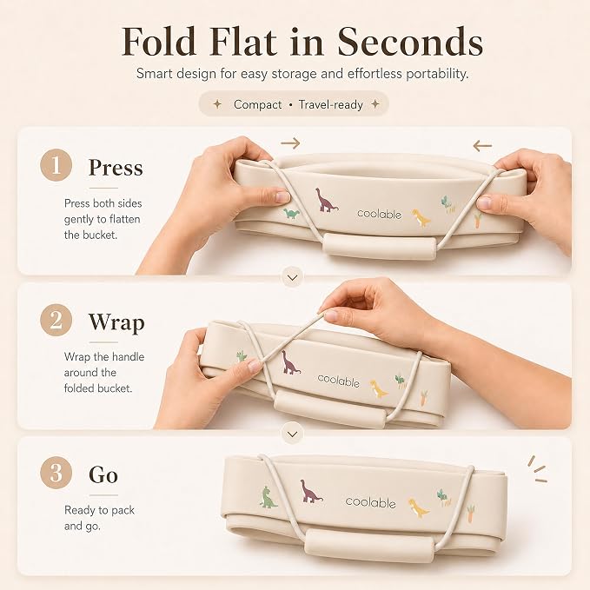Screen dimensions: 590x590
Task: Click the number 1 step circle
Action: pos(56,165)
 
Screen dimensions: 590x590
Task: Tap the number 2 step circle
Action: pos(56,320)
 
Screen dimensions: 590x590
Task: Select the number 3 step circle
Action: pos(56,473)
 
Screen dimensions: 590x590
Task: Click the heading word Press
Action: pos(116,168)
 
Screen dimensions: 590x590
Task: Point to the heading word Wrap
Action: pos(116,323)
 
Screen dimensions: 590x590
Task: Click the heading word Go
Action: pos(103,474)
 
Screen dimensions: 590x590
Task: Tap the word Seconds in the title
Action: pos(409,42)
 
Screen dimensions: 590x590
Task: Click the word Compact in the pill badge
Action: pos(257,104)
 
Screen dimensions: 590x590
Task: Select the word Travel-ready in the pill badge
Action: pos(331,104)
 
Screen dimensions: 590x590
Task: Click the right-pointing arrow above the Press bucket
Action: pos(290,143)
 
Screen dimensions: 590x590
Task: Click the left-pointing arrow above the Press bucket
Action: pos(482,146)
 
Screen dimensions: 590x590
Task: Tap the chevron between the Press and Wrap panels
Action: pos(292,277)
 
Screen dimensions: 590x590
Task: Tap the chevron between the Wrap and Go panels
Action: pos(292,434)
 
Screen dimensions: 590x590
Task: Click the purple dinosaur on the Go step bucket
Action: pos(311,492)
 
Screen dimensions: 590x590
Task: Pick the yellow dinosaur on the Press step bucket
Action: pos(421,218)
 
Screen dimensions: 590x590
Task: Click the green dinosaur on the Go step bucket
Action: pos(268,497)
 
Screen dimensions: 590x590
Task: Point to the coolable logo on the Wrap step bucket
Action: pos(338,381)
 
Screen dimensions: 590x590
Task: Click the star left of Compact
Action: pos(217,104)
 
